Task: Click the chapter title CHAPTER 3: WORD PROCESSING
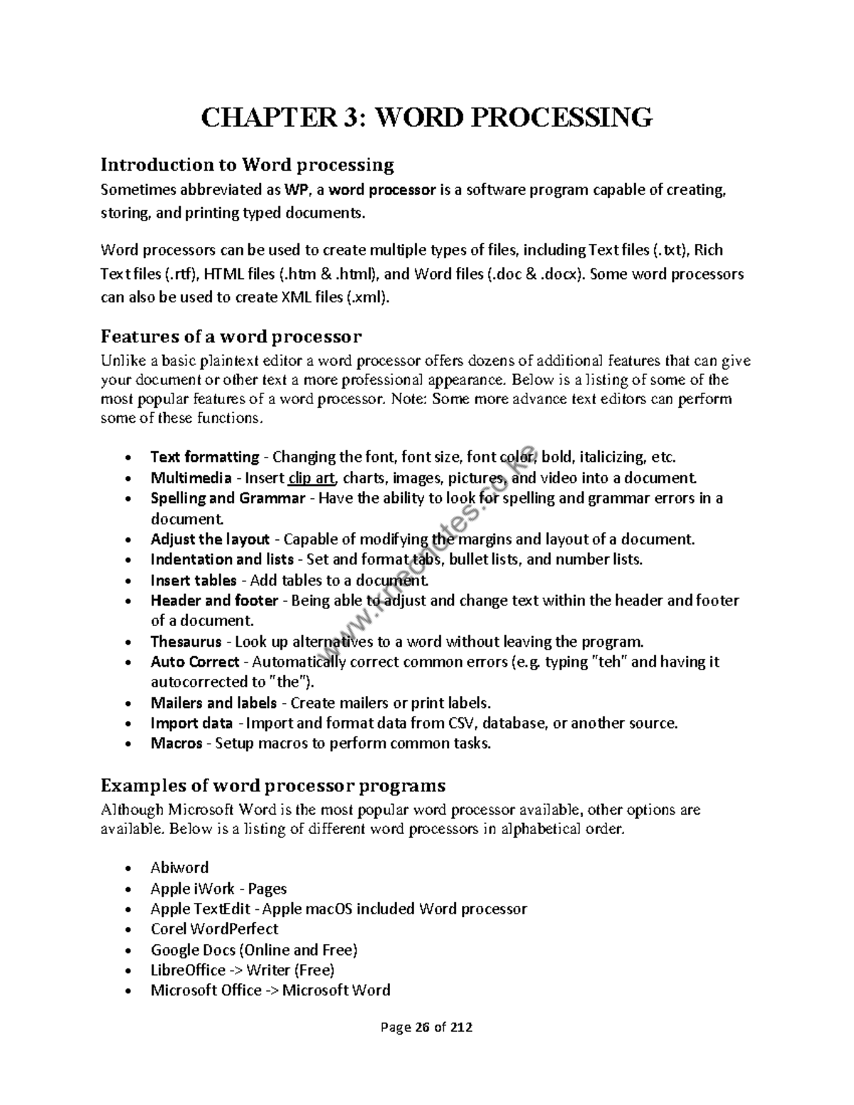[426, 117]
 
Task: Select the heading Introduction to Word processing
[247, 165]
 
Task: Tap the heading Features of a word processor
[231, 336]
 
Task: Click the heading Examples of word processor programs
[273, 786]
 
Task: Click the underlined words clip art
[311, 478]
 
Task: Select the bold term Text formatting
[205, 457]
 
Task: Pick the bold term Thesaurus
[186, 642]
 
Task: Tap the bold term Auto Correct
[195, 662]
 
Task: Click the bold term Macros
[176, 744]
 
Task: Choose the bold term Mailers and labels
[213, 704]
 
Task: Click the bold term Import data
[191, 724]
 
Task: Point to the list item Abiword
[179, 868]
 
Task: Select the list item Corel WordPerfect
[214, 929]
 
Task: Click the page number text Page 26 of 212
[426, 1027]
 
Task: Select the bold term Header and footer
[214, 601]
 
